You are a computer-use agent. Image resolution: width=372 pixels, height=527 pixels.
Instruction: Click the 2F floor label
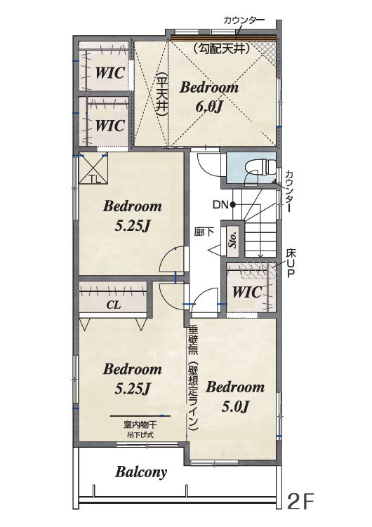(x=301, y=502)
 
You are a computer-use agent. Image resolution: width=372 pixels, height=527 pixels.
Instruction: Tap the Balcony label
(x=141, y=472)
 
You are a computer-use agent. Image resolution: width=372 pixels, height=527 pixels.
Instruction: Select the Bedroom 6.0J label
(x=209, y=97)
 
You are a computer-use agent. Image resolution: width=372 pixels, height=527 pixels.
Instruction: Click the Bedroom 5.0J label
(x=235, y=396)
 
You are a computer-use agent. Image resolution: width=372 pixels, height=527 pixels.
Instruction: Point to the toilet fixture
(x=260, y=167)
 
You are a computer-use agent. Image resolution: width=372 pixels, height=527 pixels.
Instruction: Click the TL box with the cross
(x=93, y=168)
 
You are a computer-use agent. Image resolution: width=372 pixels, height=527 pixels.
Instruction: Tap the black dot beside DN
(x=232, y=204)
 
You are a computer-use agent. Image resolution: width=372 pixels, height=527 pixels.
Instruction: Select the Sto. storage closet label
(x=232, y=239)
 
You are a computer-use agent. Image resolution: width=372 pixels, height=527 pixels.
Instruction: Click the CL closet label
(x=113, y=305)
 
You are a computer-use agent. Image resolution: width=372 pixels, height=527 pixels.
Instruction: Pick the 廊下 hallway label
(x=204, y=232)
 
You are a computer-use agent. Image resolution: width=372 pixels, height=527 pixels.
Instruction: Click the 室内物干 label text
(x=140, y=425)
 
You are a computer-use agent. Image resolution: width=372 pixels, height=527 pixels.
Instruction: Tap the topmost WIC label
(x=110, y=72)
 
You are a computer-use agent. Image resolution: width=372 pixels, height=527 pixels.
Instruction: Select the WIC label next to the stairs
(x=247, y=292)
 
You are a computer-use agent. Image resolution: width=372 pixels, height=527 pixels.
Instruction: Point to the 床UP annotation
(x=291, y=263)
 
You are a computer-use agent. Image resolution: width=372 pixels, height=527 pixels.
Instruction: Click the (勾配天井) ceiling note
(x=222, y=49)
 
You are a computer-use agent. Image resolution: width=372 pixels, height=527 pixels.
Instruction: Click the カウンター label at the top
(x=244, y=20)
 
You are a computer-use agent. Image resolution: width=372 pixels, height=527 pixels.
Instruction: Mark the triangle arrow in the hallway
(x=214, y=250)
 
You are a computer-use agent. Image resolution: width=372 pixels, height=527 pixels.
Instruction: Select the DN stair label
(x=221, y=204)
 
